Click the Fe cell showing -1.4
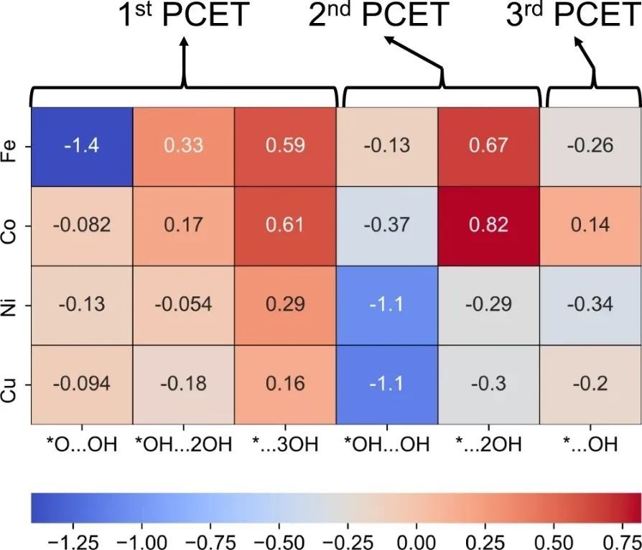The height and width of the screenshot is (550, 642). (81, 147)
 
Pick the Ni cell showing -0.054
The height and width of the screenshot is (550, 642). (183, 305)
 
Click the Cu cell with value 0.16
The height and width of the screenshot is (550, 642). (285, 384)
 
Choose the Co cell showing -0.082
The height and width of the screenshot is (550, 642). (81, 226)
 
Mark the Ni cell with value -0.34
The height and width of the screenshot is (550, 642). (590, 305)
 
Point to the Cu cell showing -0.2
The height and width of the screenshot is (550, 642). (590, 384)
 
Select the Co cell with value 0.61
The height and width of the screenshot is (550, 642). (285, 226)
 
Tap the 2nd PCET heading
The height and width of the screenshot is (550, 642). (379, 16)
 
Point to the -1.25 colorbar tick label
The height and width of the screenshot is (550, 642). (67, 538)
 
